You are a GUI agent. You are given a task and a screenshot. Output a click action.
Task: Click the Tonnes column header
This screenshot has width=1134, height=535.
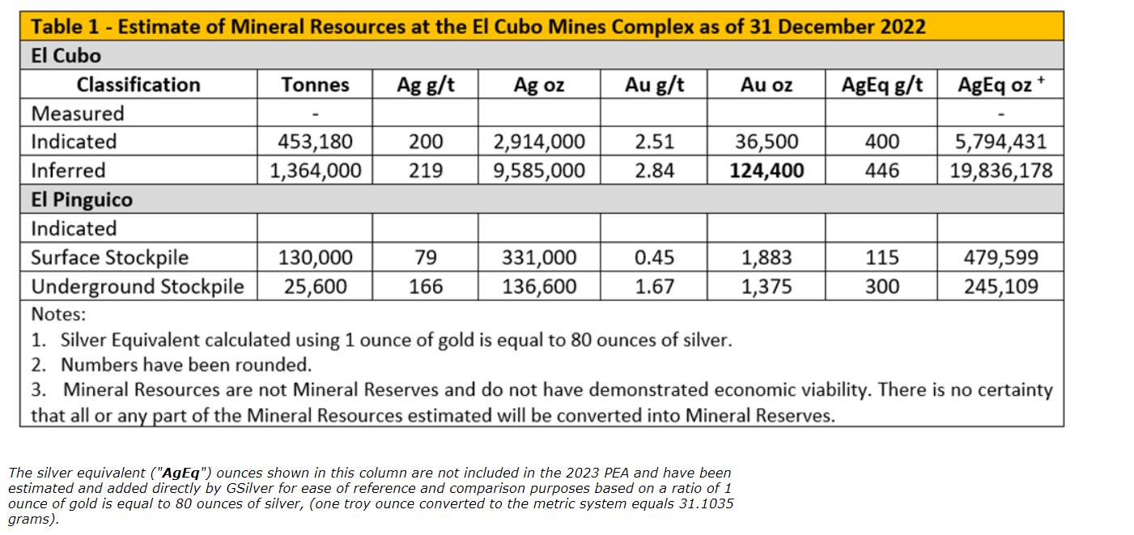315,85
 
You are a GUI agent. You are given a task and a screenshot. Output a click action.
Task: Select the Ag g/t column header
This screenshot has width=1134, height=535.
425,85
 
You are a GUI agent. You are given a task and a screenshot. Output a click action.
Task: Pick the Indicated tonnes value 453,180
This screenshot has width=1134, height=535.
315,142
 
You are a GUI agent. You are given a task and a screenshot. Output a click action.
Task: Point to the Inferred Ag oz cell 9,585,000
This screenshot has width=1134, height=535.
539,171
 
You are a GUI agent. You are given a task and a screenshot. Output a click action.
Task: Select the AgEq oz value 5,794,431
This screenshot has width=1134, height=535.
1000,142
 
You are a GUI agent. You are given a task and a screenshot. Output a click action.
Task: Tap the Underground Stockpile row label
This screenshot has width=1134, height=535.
137,287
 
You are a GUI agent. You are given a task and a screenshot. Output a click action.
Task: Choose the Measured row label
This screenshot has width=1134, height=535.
78,113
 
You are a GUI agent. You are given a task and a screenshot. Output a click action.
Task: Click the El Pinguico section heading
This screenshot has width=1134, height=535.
82,200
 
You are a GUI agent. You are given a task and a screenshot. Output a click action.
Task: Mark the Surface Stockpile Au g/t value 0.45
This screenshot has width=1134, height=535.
654,258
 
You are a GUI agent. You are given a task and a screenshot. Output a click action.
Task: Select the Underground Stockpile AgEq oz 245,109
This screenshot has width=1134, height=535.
1000,287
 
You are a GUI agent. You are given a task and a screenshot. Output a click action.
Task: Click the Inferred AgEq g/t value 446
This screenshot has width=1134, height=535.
881,171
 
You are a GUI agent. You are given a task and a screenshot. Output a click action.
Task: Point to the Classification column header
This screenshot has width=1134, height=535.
138,85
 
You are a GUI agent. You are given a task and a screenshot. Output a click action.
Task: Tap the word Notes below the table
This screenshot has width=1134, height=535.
58,314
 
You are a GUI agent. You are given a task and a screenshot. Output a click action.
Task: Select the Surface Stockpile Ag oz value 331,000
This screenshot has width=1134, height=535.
539,258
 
